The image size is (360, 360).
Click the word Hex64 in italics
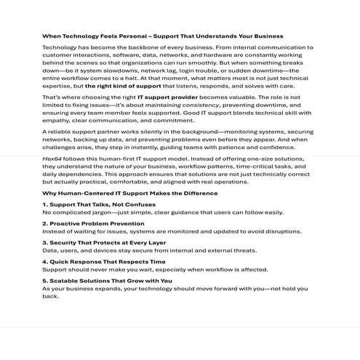(x=52, y=157)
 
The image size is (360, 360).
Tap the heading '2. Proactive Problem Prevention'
(x=92, y=223)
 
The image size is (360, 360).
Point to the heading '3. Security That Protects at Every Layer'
(x=103, y=242)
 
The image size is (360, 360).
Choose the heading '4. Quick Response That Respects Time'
(x=103, y=261)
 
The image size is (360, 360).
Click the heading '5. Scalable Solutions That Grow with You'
(x=107, y=280)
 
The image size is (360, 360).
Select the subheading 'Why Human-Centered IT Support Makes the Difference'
(x=130, y=193)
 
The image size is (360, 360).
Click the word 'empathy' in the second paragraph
(x=57, y=121)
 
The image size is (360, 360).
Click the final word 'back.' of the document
(x=50, y=296)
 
